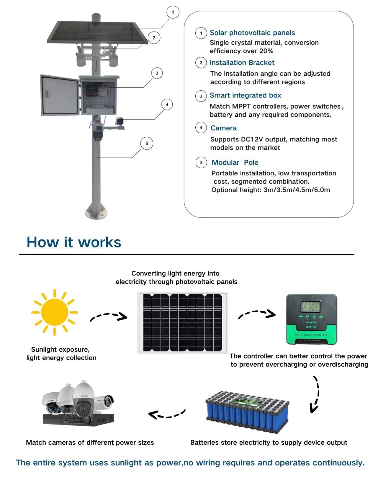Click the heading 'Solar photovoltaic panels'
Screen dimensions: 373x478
click(252, 33)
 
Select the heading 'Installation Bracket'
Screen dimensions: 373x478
click(242, 63)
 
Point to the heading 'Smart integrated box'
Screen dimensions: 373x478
click(245, 95)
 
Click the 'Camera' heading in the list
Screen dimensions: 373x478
click(223, 128)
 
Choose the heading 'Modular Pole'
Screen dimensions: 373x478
click(235, 162)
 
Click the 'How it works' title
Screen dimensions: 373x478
click(74, 242)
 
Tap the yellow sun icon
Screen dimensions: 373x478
click(55, 312)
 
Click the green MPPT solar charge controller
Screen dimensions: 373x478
click(311, 319)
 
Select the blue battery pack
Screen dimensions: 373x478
click(247, 412)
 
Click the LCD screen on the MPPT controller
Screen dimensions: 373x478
click(311, 306)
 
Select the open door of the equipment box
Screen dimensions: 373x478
click(60, 95)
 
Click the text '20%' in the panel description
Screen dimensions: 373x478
click(266, 51)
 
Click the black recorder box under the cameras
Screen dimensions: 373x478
click(78, 420)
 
